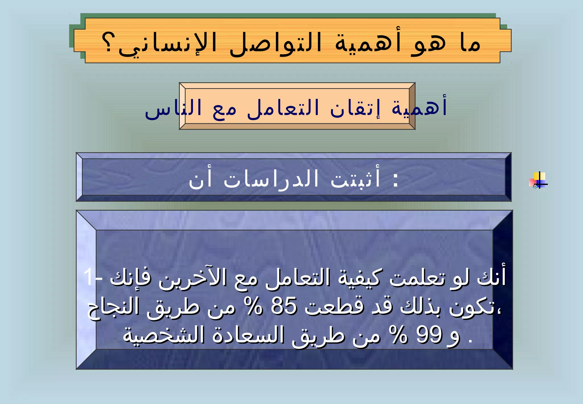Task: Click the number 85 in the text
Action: tap(284, 307)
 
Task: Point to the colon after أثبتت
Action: tap(395, 180)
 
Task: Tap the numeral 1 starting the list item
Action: tap(89, 277)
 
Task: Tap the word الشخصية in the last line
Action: tap(164, 335)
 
